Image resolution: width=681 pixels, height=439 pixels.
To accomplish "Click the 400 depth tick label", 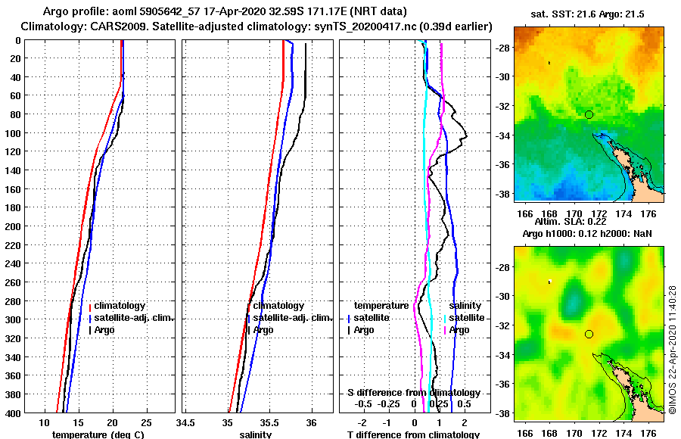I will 12,413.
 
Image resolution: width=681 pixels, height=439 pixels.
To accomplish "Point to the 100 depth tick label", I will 12,133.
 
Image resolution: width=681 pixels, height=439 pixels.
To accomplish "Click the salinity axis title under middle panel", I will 256,434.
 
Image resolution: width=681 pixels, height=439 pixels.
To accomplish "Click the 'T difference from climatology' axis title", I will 413,434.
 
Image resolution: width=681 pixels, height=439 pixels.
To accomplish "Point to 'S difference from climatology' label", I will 413,393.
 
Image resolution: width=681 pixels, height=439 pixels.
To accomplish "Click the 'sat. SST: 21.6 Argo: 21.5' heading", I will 589,15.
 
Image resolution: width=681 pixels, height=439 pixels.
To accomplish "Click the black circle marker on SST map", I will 589,114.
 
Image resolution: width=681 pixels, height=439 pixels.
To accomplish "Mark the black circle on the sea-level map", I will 589,334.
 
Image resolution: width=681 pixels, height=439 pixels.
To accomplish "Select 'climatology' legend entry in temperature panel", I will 119,306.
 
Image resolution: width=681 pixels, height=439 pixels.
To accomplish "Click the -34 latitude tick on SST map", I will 501,135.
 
